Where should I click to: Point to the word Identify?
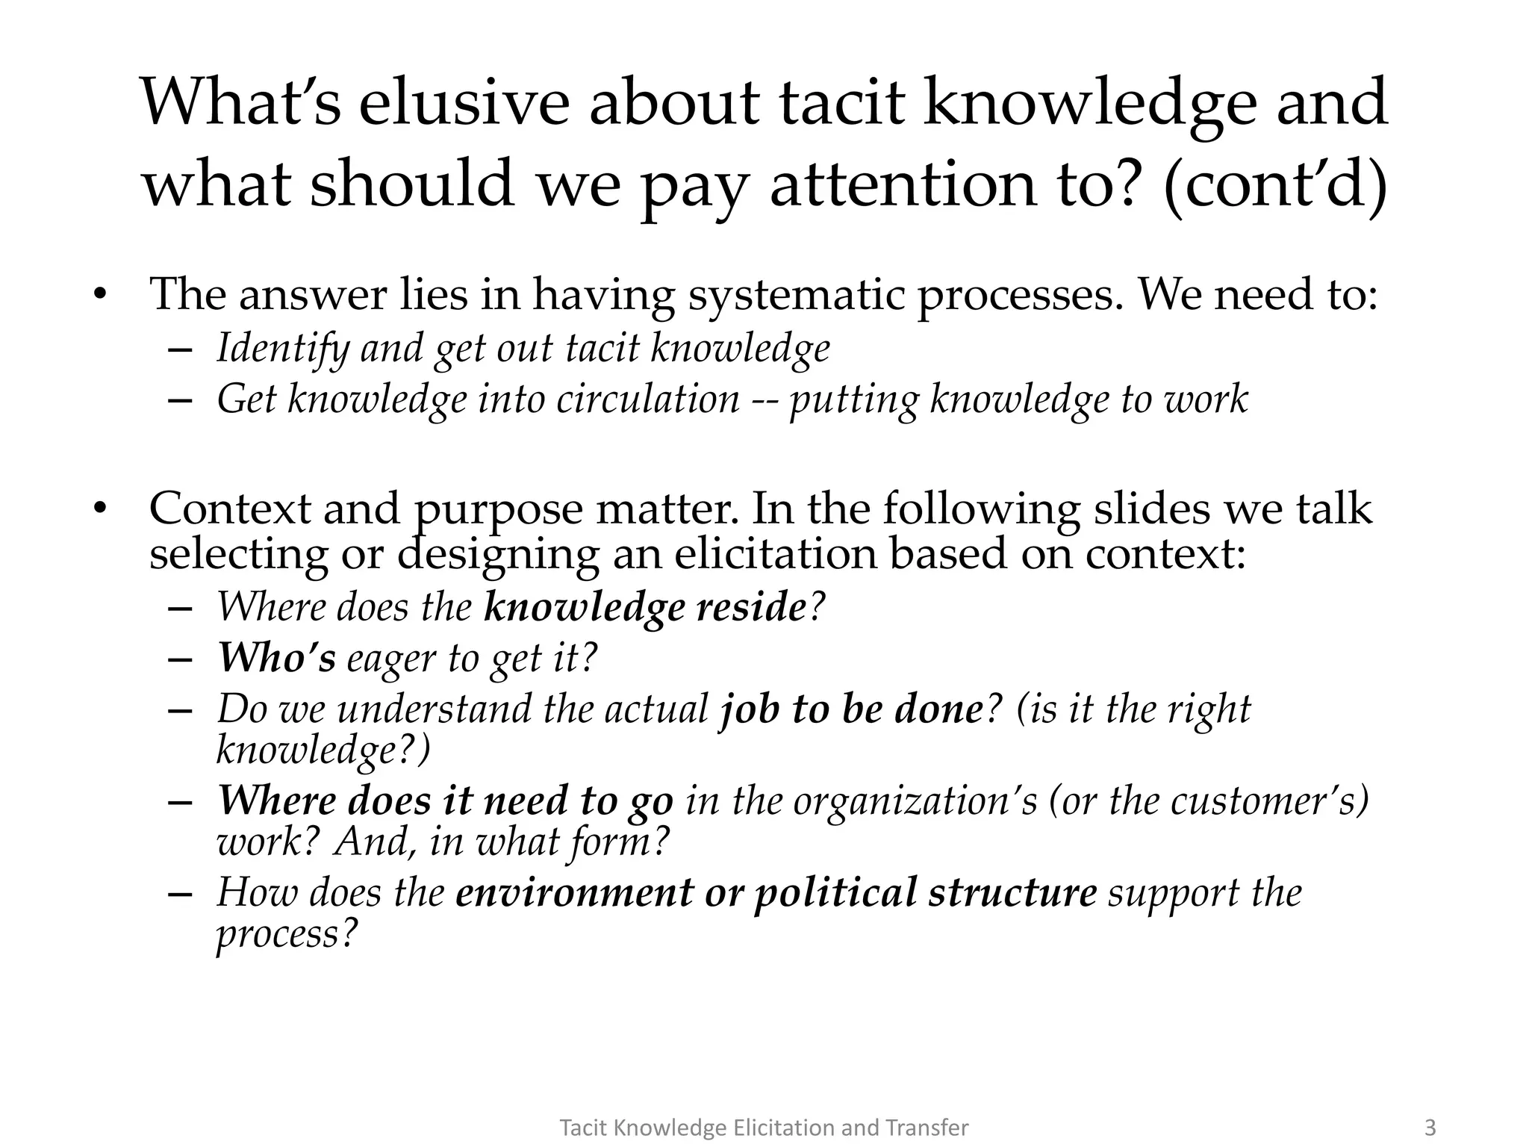point(283,349)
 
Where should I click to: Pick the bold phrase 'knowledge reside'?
point(645,607)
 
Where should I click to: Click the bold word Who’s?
point(276,658)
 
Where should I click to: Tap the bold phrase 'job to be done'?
point(851,709)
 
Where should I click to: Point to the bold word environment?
point(574,892)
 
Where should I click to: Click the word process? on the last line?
point(287,934)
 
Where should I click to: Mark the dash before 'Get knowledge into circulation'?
point(181,400)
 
